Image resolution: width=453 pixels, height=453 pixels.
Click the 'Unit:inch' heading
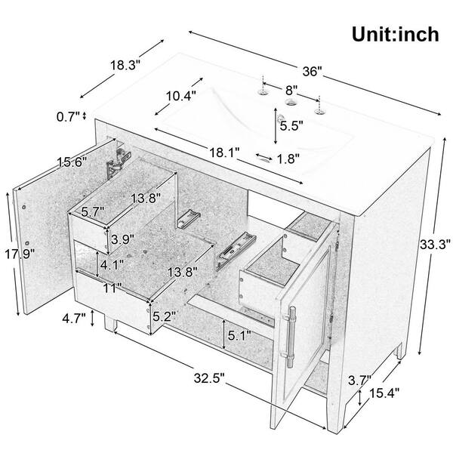[x=395, y=35]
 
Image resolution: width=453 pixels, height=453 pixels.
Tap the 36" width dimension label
[x=313, y=71]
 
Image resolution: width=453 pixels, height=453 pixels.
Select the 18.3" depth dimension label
[x=125, y=65]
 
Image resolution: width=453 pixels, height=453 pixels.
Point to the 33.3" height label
[x=435, y=245]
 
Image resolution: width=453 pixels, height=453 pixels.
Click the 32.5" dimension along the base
[x=209, y=378]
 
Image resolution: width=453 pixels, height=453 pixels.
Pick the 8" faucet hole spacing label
[x=291, y=90]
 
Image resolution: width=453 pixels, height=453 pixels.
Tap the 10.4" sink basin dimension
[x=181, y=96]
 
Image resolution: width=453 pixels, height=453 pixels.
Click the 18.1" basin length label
[x=224, y=153]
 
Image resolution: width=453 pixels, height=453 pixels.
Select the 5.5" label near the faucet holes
[x=291, y=125]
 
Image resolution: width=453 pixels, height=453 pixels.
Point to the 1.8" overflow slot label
[x=288, y=159]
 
